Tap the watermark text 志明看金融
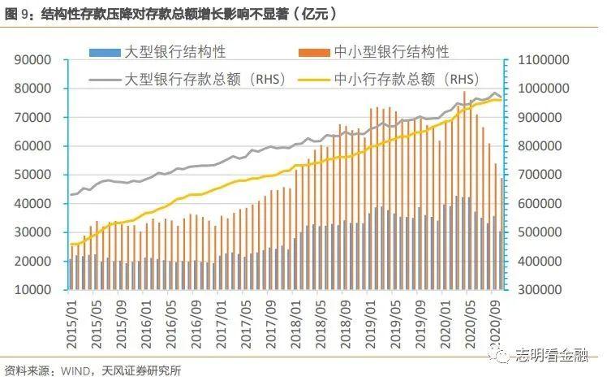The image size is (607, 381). coord(553,355)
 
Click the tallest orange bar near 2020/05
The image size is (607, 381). coord(465,190)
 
